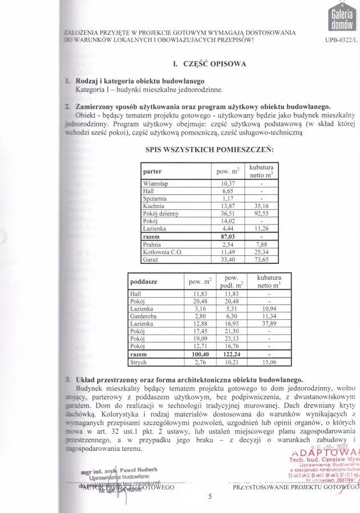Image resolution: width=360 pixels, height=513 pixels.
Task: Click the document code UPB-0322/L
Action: point(341,40)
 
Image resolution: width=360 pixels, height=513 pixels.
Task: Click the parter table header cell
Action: point(153,171)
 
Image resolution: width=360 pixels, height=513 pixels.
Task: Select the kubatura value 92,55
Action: point(261,213)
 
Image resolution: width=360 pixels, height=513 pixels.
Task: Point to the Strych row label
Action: point(139,361)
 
